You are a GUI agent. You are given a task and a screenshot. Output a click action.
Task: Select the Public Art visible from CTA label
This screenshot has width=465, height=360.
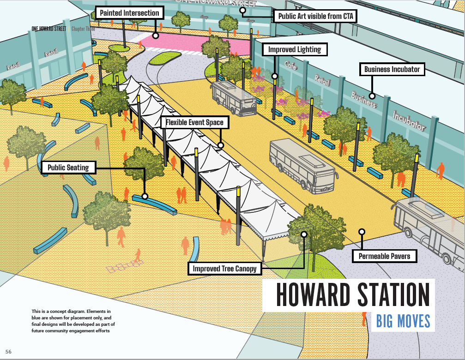pos(316,17)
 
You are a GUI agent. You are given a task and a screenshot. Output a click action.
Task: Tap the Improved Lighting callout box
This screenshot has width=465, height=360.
pos(295,49)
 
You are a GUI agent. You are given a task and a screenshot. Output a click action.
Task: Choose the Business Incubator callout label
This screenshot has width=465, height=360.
pos(392,70)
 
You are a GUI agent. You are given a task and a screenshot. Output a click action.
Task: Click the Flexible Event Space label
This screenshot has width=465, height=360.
pos(194,123)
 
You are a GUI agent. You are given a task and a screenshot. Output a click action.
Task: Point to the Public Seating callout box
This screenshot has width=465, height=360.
pos(68,167)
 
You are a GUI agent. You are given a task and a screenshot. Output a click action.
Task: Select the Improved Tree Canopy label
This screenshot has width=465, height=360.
pos(224,269)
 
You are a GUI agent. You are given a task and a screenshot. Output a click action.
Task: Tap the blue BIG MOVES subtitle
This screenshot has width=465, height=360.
pos(403,321)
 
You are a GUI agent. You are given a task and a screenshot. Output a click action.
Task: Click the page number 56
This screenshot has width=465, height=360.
pos(8,352)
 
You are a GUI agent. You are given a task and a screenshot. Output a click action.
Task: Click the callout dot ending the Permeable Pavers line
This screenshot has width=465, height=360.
pos(362,232)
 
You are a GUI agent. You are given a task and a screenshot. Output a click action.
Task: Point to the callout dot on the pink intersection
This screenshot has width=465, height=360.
pos(156,35)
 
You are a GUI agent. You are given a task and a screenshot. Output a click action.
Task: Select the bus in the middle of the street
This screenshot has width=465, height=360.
pos(302,164)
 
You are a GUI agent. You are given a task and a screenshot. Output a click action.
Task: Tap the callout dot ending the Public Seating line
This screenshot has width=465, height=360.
pos(145,196)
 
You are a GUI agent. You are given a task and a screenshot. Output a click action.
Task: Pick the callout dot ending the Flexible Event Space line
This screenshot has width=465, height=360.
pos(220,145)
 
